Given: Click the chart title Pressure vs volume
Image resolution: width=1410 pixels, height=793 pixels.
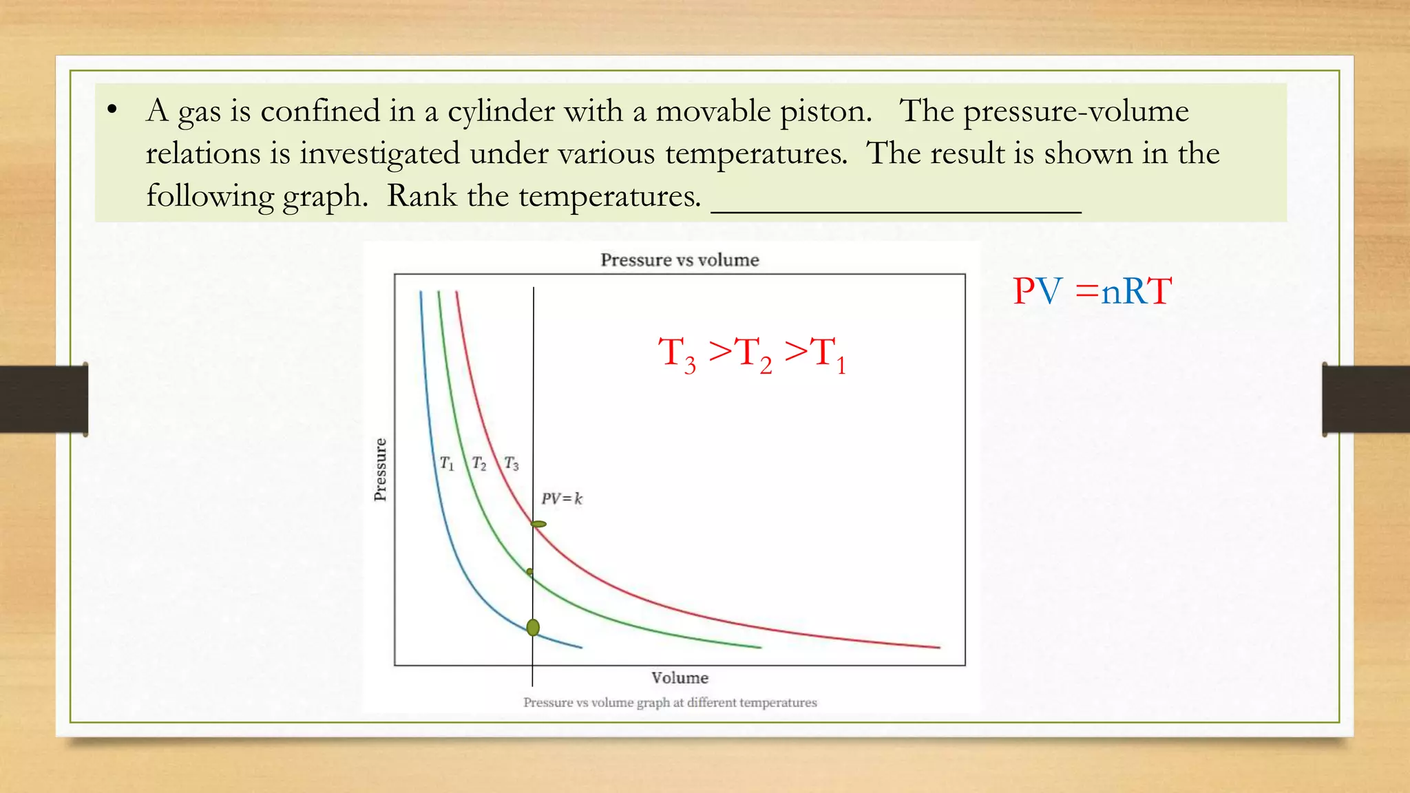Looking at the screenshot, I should click(x=680, y=260).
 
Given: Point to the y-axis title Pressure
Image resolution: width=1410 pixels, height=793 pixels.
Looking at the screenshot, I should click(x=380, y=469).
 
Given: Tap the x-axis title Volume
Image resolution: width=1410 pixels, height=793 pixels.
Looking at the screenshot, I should click(x=680, y=678).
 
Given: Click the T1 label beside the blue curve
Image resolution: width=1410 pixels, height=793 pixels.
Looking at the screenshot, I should click(x=447, y=463).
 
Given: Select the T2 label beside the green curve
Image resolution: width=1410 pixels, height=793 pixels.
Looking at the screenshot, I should click(x=479, y=463).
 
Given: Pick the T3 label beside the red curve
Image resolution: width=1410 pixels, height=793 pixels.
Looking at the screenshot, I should click(x=512, y=463).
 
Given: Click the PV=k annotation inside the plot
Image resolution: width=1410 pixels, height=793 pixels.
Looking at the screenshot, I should click(x=561, y=498).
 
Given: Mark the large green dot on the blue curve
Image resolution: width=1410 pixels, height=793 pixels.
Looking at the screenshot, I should click(x=533, y=627).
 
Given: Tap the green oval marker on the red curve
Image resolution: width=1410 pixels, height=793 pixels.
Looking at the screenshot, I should click(x=538, y=525).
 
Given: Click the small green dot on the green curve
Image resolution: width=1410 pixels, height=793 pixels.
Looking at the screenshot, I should click(x=529, y=571).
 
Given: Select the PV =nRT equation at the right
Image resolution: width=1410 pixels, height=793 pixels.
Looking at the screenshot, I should click(x=1092, y=291).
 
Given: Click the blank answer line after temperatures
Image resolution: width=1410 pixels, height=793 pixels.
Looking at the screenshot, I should click(x=895, y=211).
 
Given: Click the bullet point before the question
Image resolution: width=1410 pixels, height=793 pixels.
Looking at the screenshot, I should click(x=112, y=110).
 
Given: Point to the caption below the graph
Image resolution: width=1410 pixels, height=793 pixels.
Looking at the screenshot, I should click(x=670, y=703).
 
